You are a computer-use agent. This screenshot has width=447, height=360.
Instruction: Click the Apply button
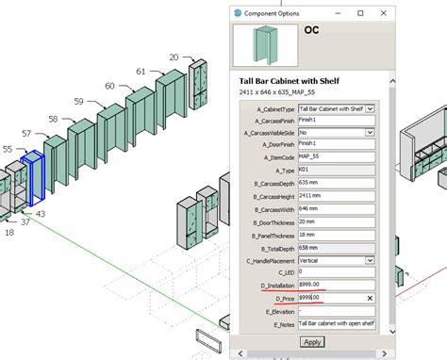point(312,342)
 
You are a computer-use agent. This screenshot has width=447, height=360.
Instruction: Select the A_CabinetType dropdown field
point(336,108)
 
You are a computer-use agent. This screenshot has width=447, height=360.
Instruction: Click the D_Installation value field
point(336,285)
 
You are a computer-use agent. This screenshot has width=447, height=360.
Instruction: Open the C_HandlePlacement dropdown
point(336,259)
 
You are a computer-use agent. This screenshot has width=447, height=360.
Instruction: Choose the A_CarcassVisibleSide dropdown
point(336,134)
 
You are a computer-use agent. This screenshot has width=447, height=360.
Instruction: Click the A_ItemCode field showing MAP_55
point(336,158)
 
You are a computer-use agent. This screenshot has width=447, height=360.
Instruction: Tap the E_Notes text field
point(336,323)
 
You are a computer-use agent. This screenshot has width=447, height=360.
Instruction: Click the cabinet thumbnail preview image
point(264,47)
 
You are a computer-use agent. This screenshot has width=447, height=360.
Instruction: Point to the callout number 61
point(141,72)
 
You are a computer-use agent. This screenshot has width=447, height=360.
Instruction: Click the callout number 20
point(174,57)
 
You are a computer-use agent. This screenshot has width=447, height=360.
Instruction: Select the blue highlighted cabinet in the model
point(37,178)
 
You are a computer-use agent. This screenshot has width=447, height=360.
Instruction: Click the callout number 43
point(41,214)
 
